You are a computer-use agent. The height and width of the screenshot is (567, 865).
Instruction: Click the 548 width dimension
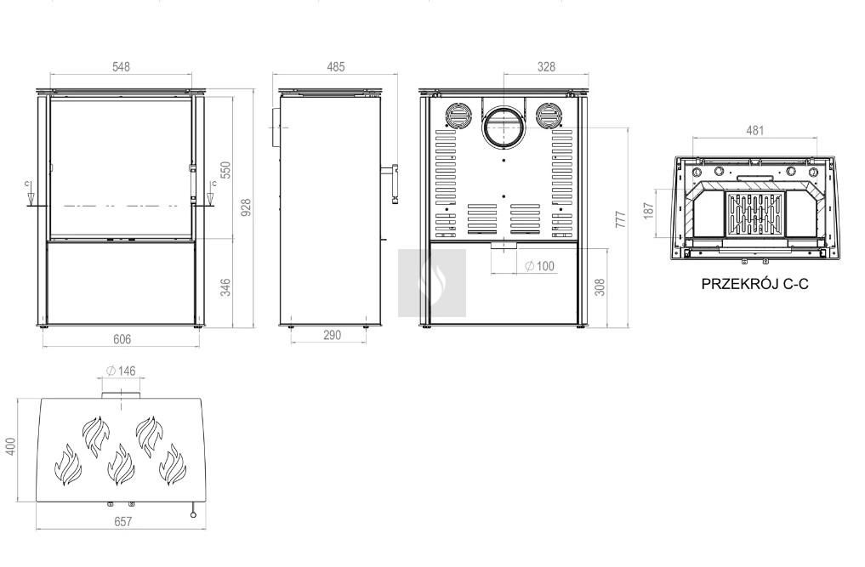coord(121,67)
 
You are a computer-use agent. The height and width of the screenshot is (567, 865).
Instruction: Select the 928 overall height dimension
coord(246,207)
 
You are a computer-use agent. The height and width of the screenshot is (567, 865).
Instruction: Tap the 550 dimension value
coord(225,170)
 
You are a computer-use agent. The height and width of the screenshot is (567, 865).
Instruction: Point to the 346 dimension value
coord(225,287)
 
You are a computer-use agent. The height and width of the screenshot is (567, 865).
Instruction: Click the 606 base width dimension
coord(122,339)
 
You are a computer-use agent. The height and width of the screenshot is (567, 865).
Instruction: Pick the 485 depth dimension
coord(336,67)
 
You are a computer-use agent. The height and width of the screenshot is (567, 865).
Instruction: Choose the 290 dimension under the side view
coord(332,335)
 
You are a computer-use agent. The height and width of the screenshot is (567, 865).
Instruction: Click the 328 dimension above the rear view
coord(546,67)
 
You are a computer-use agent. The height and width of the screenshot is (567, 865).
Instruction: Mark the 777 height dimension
coord(621,219)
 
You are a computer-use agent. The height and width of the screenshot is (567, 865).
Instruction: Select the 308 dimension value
coord(600,287)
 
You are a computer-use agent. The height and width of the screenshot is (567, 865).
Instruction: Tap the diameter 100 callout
coord(539,266)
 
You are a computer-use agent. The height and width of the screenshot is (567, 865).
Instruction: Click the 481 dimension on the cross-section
coord(755,130)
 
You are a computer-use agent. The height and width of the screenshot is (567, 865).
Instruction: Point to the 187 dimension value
coord(648,211)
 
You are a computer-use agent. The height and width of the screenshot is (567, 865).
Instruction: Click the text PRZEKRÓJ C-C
coord(754,284)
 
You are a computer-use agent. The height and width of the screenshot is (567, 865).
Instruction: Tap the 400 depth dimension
coord(10,446)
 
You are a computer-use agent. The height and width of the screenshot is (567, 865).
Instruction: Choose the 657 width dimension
coord(122,521)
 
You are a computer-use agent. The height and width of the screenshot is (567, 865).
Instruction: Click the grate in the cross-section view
coord(755,214)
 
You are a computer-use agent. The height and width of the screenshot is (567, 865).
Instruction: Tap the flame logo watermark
coord(432,283)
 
